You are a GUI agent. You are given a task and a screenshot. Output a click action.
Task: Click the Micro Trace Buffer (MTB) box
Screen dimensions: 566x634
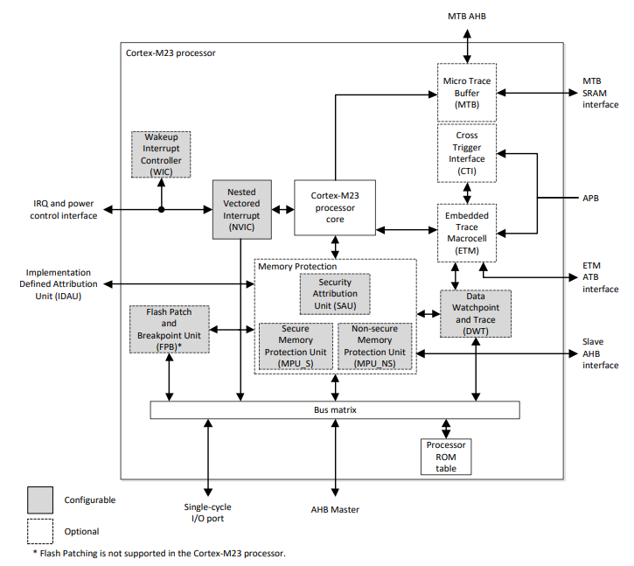[x=467, y=92]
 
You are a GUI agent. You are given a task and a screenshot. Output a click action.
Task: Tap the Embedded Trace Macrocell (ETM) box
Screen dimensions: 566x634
[x=467, y=233]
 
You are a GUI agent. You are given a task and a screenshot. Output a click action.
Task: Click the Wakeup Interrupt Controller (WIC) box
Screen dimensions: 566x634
[x=161, y=155]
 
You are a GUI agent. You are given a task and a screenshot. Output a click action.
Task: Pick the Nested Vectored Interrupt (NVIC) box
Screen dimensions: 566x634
[x=241, y=208]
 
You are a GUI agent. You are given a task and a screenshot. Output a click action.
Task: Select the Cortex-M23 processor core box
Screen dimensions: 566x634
[x=335, y=208]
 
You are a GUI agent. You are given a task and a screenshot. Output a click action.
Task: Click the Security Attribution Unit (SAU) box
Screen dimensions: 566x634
[x=335, y=294]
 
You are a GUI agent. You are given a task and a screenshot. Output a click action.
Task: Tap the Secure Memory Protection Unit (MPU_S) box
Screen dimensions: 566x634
[x=296, y=346]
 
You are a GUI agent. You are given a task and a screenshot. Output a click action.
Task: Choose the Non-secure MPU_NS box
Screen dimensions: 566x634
[x=374, y=346]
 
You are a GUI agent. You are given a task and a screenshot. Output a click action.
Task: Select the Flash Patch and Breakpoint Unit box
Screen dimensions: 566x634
[x=169, y=329]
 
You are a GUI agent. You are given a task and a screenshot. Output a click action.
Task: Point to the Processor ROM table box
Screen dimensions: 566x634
[x=446, y=456]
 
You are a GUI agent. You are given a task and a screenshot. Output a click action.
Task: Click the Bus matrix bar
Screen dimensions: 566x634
[x=335, y=409]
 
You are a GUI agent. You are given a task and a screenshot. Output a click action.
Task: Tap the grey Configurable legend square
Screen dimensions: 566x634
[x=40, y=500]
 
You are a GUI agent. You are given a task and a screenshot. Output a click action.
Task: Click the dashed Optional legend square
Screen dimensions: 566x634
[x=40, y=531]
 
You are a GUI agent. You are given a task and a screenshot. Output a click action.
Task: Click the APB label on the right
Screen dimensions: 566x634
[x=590, y=199]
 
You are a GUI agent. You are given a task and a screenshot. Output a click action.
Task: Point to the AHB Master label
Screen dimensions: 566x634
[x=335, y=510]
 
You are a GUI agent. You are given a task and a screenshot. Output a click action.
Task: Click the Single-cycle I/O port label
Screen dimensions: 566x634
[x=208, y=513]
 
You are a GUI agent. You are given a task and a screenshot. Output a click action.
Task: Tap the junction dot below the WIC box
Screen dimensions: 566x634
[x=161, y=209]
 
